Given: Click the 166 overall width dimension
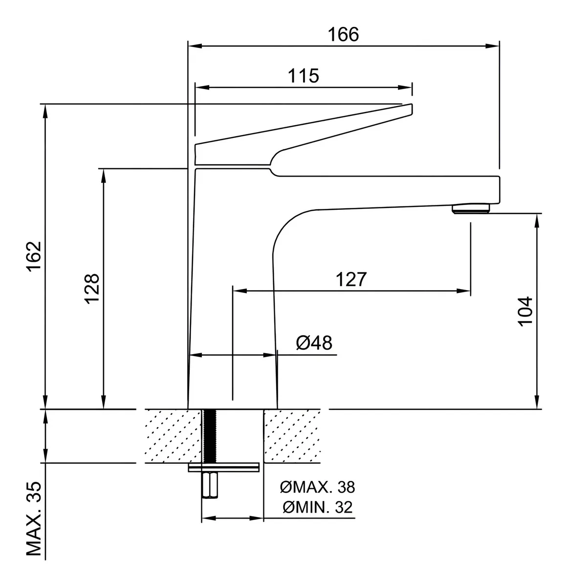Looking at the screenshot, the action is pyautogui.click(x=343, y=34).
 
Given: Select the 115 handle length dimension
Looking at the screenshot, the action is pyautogui.click(x=303, y=76).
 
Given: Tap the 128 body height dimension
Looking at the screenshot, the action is pyautogui.click(x=92, y=289).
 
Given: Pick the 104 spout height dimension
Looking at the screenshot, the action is pyautogui.click(x=525, y=311).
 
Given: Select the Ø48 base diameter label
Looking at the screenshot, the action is pyautogui.click(x=314, y=343).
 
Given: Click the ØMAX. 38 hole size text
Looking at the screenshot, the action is pyautogui.click(x=317, y=487).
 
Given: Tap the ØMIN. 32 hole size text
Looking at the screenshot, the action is pyautogui.click(x=317, y=507).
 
